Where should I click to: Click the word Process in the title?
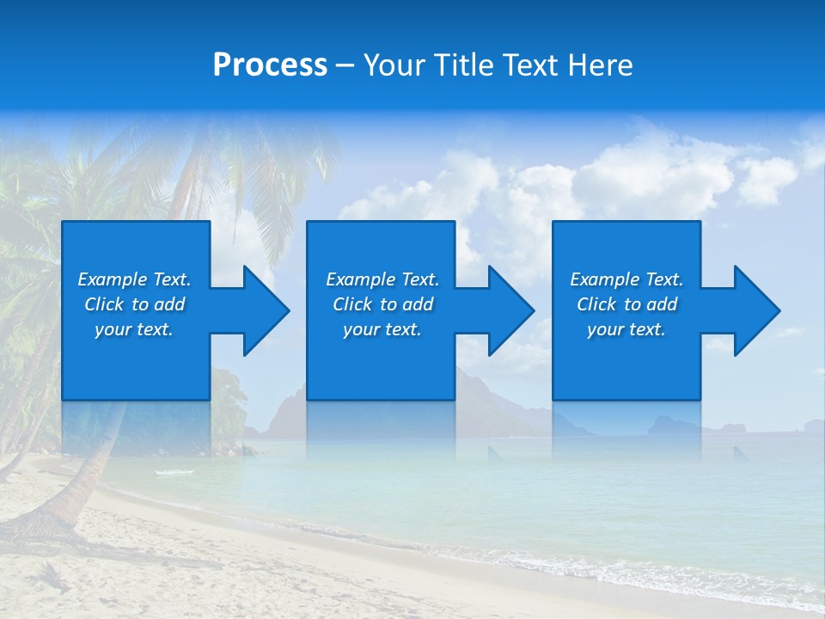(x=270, y=65)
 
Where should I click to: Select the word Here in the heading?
(x=601, y=65)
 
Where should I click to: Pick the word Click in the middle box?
(x=351, y=304)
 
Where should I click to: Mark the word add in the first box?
(x=169, y=304)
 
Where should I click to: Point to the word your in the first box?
(x=113, y=329)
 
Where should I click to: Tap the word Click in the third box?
(x=596, y=304)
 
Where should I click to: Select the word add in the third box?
(x=662, y=304)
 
